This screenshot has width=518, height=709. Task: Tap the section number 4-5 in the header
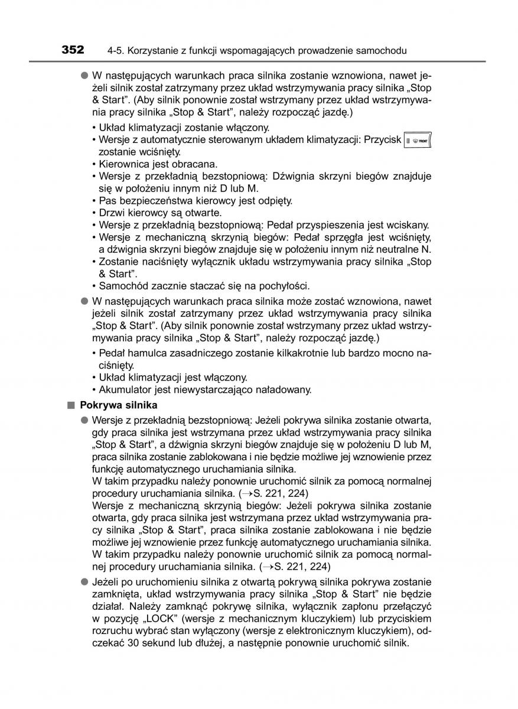pyautogui.click(x=115, y=51)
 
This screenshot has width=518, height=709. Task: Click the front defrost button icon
pyautogui.click(x=418, y=141)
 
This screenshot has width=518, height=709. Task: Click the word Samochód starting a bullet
pyautogui.click(x=120, y=286)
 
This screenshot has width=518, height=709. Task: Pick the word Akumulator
pyautogui.click(x=123, y=389)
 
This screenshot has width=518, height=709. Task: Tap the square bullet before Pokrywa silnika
pyautogui.click(x=72, y=405)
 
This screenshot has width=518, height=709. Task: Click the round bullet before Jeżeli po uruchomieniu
pyautogui.click(x=84, y=582)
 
